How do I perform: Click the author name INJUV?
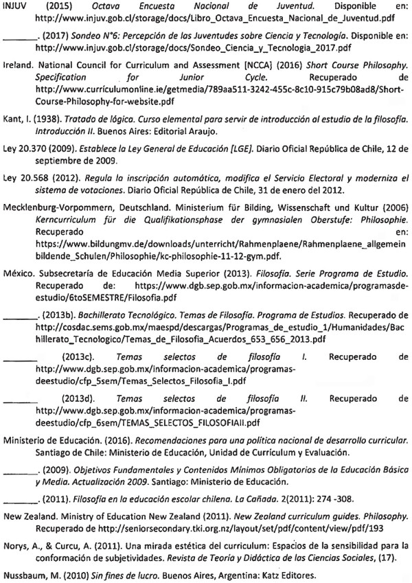tap(14, 5)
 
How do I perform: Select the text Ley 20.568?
tap(23, 181)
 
